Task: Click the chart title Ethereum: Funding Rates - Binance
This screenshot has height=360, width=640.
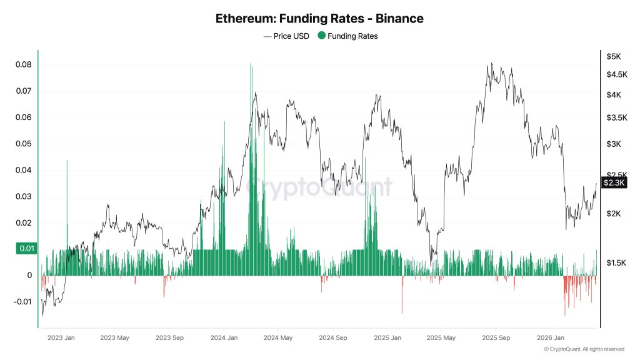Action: [319, 19]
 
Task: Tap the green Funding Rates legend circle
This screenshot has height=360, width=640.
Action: [322, 36]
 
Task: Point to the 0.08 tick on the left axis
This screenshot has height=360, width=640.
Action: [24, 65]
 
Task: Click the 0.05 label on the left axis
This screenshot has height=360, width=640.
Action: [24, 144]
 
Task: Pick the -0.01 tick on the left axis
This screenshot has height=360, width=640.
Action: [22, 302]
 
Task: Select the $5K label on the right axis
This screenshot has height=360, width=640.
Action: [613, 56]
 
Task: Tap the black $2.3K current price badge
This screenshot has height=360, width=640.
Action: [613, 182]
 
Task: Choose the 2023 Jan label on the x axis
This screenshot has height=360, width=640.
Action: [61, 338]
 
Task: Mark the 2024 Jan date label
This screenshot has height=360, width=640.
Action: [223, 338]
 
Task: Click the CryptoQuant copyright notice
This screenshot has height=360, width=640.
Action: [584, 349]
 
